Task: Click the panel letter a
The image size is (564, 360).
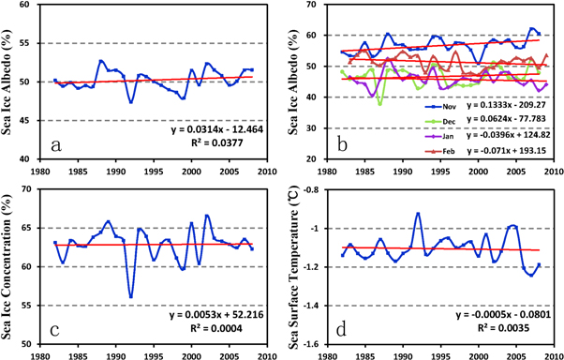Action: point(58,145)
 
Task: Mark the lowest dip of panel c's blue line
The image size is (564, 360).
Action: point(131,297)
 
